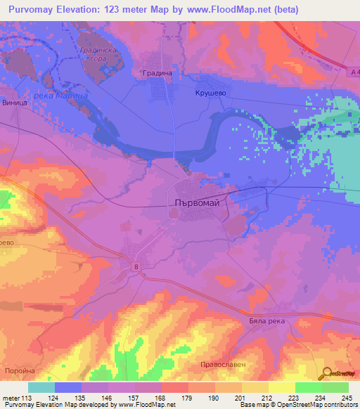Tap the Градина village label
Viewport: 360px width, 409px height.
pyautogui.click(x=157, y=73)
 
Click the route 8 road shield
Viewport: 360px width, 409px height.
pyautogui.click(x=135, y=265)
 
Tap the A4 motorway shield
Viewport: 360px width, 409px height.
pyautogui.click(x=354, y=71)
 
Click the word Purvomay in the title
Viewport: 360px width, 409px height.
pyautogui.click(x=36, y=10)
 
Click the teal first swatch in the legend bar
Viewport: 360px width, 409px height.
pyautogui.click(x=41, y=387)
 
